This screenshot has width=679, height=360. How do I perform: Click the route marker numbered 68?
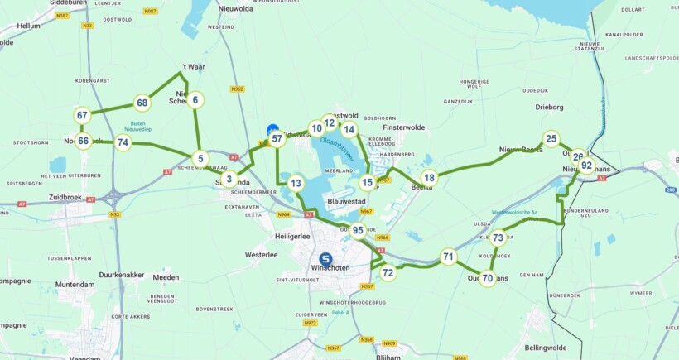point(142,103)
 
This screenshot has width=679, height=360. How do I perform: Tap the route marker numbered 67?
point(83,116)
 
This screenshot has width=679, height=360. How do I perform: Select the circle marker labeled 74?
point(123,142)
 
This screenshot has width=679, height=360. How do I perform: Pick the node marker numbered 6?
point(195,101)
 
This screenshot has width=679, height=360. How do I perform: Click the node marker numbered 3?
point(229,179)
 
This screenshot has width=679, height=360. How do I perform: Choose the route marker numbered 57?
point(277,139)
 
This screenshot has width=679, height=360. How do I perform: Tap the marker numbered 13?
point(296,184)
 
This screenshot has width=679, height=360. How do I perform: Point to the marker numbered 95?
point(358,231)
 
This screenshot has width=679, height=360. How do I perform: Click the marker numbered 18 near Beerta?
point(429,178)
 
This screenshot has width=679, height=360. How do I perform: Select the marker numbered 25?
point(551,139)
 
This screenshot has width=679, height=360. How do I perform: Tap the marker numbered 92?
point(586,166)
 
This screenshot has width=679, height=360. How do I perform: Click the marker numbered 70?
point(488,279)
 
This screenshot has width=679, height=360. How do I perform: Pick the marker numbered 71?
point(448,257)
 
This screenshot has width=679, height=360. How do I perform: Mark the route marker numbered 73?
point(498,238)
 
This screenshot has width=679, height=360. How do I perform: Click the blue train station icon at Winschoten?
point(326,259)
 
